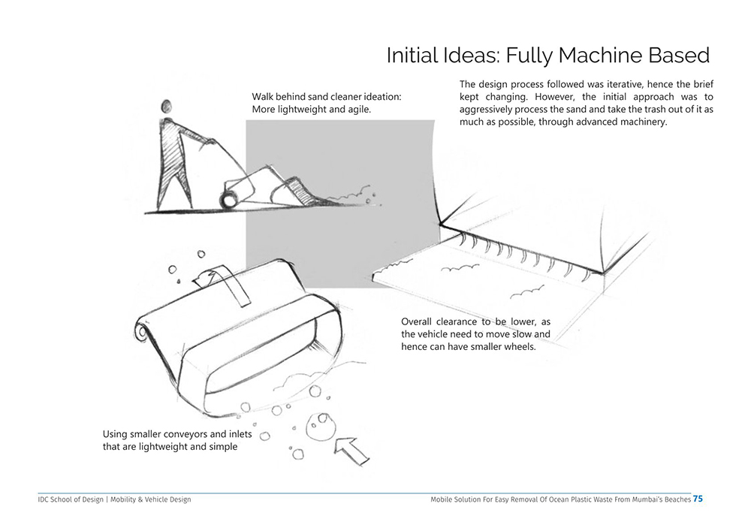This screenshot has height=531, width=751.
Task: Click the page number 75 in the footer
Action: pos(698,499)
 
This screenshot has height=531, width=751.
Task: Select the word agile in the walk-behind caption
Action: pos(358,110)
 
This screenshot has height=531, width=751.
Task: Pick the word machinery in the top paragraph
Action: pos(641,122)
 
